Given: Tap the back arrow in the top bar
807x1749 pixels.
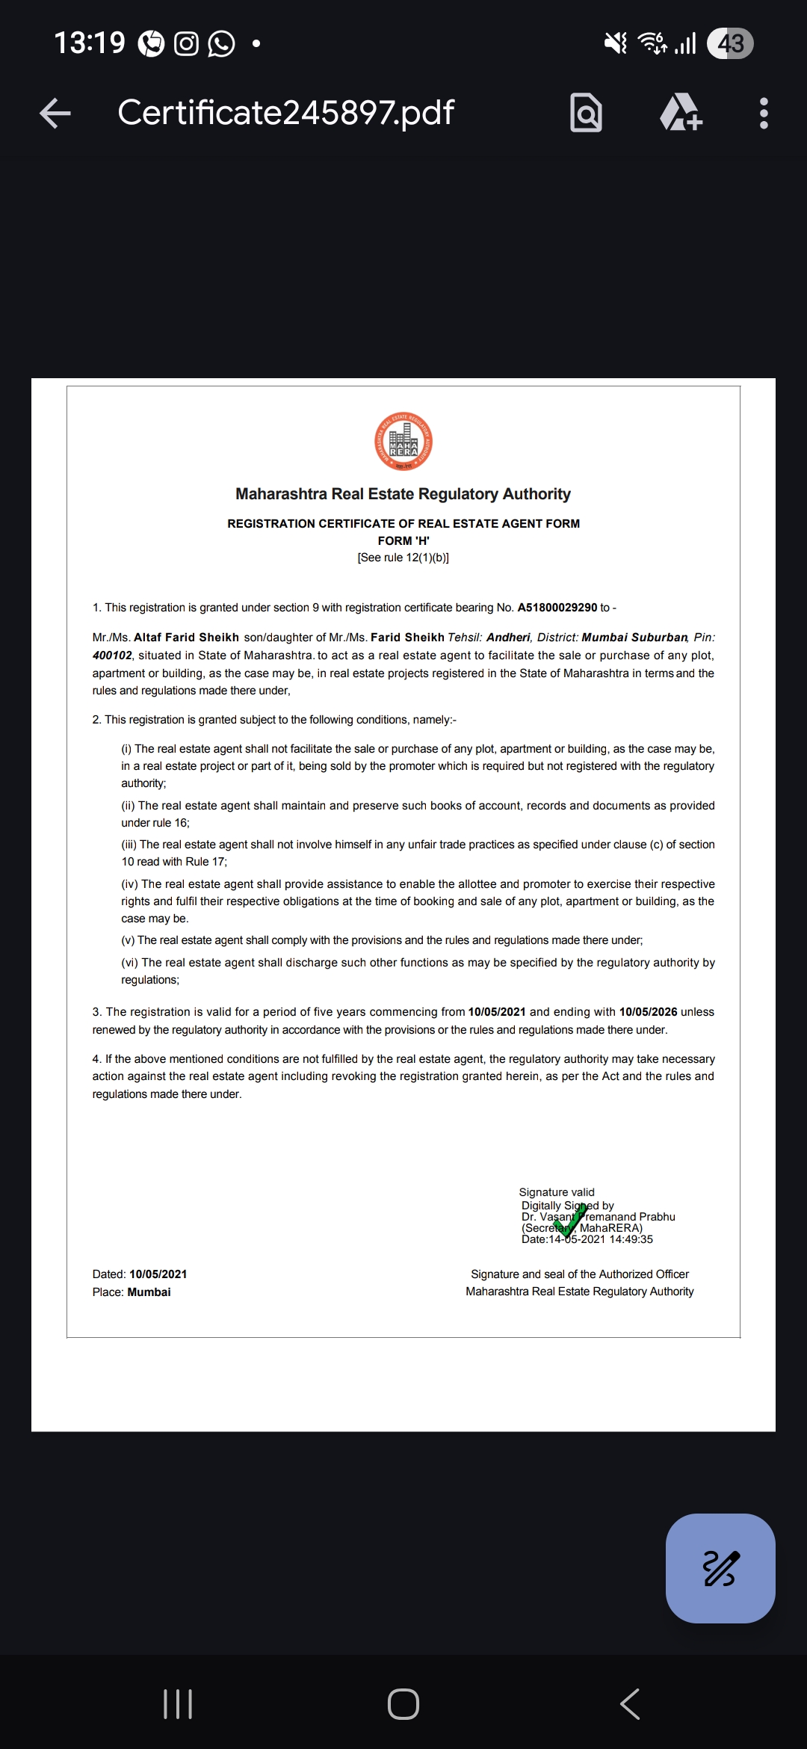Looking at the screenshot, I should pyautogui.click(x=55, y=113).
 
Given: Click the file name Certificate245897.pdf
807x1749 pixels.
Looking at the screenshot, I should pyautogui.click(x=285, y=113).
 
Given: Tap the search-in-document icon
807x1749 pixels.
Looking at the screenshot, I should pyautogui.click(x=586, y=113).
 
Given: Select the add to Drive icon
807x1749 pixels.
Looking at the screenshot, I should pyautogui.click(x=681, y=113).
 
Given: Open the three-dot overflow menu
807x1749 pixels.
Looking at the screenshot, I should pyautogui.click(x=764, y=113).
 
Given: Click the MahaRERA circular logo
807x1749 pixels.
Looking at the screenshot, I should pyautogui.click(x=403, y=441).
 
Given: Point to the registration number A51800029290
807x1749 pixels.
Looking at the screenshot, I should pyautogui.click(x=557, y=608).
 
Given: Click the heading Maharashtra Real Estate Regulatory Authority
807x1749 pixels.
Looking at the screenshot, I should pyautogui.click(x=403, y=494).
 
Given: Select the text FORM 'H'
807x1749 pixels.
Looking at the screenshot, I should pyautogui.click(x=403, y=540).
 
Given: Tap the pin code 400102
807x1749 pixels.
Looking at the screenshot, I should pyautogui.click(x=112, y=656).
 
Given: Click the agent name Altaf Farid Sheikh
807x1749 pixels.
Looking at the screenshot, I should pyautogui.click(x=186, y=638).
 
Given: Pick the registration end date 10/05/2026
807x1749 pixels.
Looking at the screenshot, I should pyautogui.click(x=648, y=1012).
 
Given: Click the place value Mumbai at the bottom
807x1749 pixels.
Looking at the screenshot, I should pyautogui.click(x=149, y=1292).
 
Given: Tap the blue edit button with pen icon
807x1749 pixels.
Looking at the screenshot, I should pyautogui.click(x=720, y=1568).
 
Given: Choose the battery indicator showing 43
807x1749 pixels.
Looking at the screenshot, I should pyautogui.click(x=730, y=43).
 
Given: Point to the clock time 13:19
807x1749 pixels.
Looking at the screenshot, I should pyautogui.click(x=90, y=43).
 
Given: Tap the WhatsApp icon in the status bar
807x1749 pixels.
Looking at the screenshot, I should pyautogui.click(x=221, y=43).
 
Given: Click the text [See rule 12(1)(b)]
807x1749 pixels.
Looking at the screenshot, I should pyautogui.click(x=403, y=558).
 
